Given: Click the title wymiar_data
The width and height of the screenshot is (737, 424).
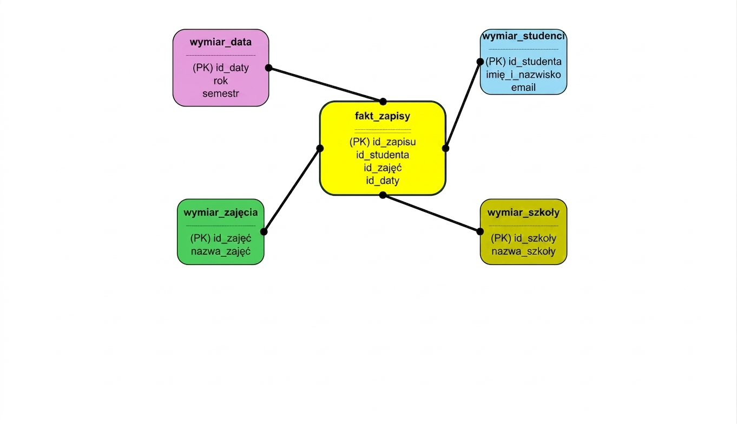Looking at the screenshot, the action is click(x=220, y=42).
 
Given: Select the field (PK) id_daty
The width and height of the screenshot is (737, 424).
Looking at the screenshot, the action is click(x=220, y=68).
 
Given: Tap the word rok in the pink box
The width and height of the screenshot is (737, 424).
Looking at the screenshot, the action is click(x=220, y=81).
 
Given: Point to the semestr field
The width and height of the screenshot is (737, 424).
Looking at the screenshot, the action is click(x=220, y=94).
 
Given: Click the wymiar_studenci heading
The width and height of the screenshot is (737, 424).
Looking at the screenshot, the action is click(x=523, y=36).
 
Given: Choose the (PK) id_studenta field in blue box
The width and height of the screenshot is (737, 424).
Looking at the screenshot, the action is click(x=523, y=62).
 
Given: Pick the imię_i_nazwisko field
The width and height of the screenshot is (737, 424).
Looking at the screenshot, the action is click(x=523, y=75).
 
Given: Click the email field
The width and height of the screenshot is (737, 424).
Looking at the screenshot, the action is click(x=523, y=88).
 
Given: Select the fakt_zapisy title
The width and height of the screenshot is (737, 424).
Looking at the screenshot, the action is click(x=383, y=116).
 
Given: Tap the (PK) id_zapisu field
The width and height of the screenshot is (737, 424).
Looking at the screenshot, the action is click(x=383, y=142).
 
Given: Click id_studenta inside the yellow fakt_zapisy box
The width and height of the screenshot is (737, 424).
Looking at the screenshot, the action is click(x=383, y=155).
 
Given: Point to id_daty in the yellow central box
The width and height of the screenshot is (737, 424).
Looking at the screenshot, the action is click(x=383, y=181).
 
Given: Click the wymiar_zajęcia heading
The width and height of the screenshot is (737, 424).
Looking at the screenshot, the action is click(x=220, y=213).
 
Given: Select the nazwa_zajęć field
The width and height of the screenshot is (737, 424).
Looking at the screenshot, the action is click(x=220, y=251).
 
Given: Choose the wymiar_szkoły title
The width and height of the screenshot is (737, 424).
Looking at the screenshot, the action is click(x=523, y=213).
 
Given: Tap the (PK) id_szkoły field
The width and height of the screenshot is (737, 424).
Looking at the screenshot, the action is click(x=523, y=239).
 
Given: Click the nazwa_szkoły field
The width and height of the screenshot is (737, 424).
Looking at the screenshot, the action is click(x=523, y=251).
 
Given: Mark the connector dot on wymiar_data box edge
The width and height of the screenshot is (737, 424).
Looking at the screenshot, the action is click(x=268, y=68).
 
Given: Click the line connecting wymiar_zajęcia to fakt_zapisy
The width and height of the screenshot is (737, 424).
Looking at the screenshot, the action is click(x=292, y=190).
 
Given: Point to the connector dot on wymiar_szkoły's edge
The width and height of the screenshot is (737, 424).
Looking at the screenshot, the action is click(x=480, y=231).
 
